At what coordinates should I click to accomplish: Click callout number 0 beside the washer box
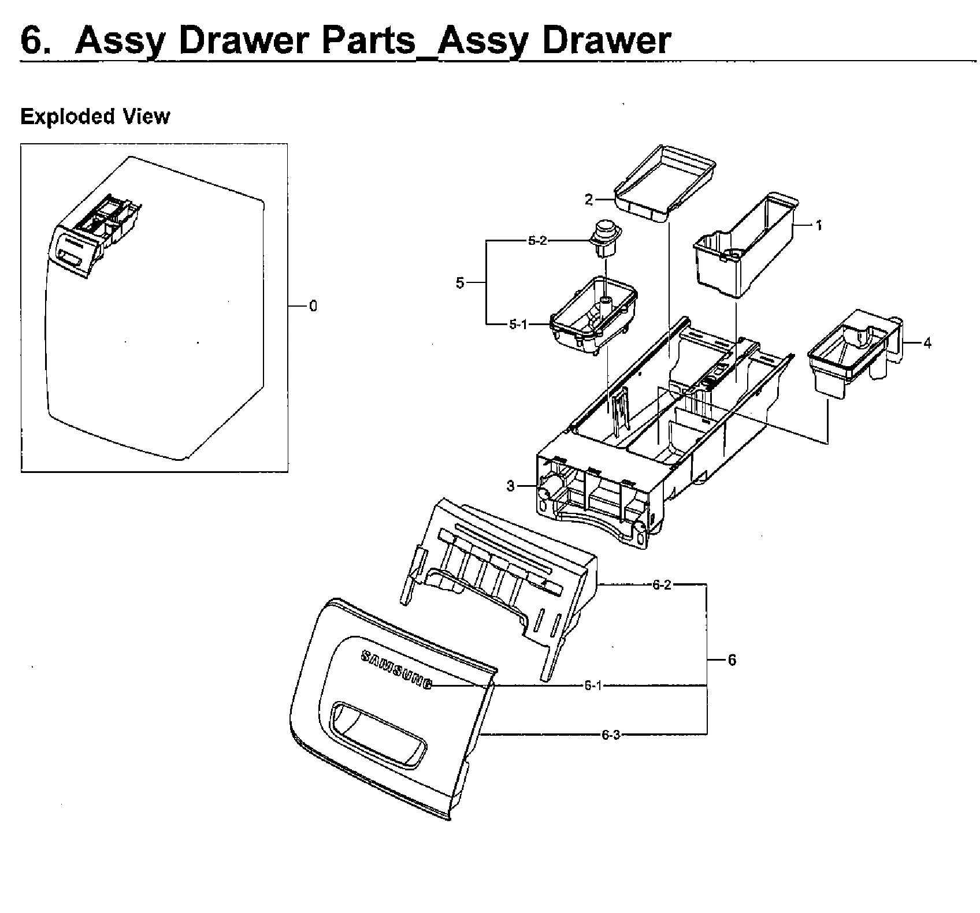pos(313,306)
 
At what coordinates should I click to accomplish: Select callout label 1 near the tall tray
pos(818,225)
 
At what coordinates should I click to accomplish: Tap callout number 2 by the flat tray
pos(588,200)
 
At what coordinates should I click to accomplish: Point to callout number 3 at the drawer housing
pos(510,486)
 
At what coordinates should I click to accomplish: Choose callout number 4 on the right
pos(927,343)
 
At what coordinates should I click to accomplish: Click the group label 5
pos(460,284)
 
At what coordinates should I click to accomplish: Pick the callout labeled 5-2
pos(537,241)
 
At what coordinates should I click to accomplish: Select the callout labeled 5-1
pos(518,325)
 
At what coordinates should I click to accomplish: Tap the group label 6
pos(732,659)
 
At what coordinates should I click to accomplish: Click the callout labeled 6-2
pos(662,585)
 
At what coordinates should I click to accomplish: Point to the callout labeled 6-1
pos(593,685)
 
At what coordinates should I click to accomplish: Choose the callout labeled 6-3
pos(610,735)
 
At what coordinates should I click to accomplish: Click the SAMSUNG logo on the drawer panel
pos(396,670)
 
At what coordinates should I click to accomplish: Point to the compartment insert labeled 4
pos(852,355)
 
